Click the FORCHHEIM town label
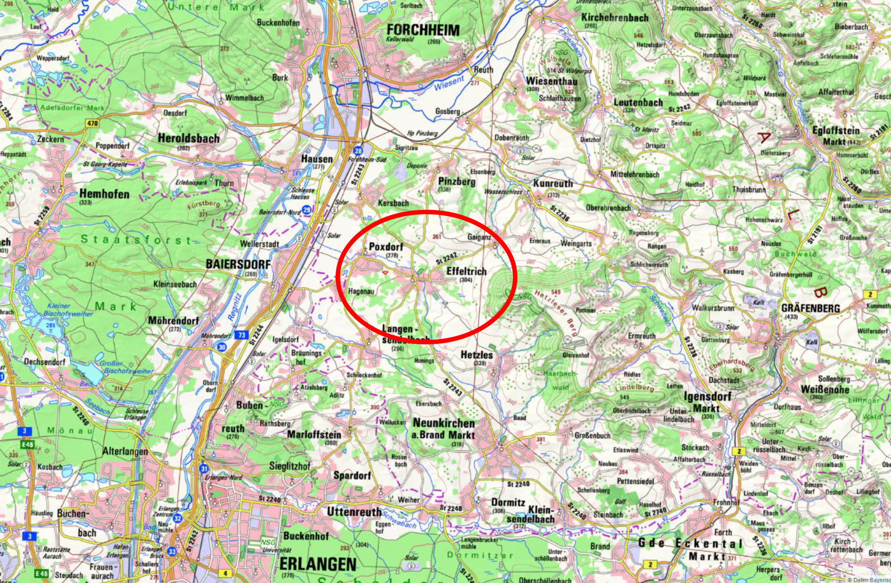click(422, 30)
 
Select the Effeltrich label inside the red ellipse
click(466, 271)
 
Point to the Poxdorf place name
click(386, 247)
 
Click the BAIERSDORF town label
click(238, 264)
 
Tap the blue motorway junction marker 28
click(358, 151)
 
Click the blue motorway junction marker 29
click(307, 210)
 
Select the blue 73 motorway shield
click(241, 335)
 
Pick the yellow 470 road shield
click(92, 124)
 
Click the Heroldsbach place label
click(189, 139)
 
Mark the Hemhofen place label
click(104, 193)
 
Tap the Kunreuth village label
click(553, 183)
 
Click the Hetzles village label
click(477, 355)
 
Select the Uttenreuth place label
click(354, 512)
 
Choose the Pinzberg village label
click(457, 181)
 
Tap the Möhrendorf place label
click(173, 321)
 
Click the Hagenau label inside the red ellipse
click(361, 291)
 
